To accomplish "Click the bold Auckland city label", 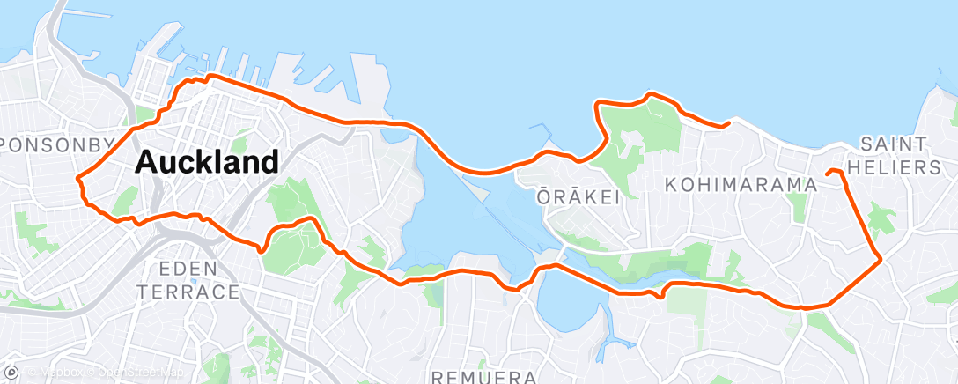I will point(207,161).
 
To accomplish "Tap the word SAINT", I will point(894,143).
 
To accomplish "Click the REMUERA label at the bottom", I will point(485,377).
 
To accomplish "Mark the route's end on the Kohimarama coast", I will point(726,125).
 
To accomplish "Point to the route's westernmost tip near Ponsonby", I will point(78,180).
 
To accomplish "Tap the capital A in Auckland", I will point(147,162).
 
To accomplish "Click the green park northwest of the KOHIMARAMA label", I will point(643,141).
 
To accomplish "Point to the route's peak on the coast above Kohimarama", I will point(652,92).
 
